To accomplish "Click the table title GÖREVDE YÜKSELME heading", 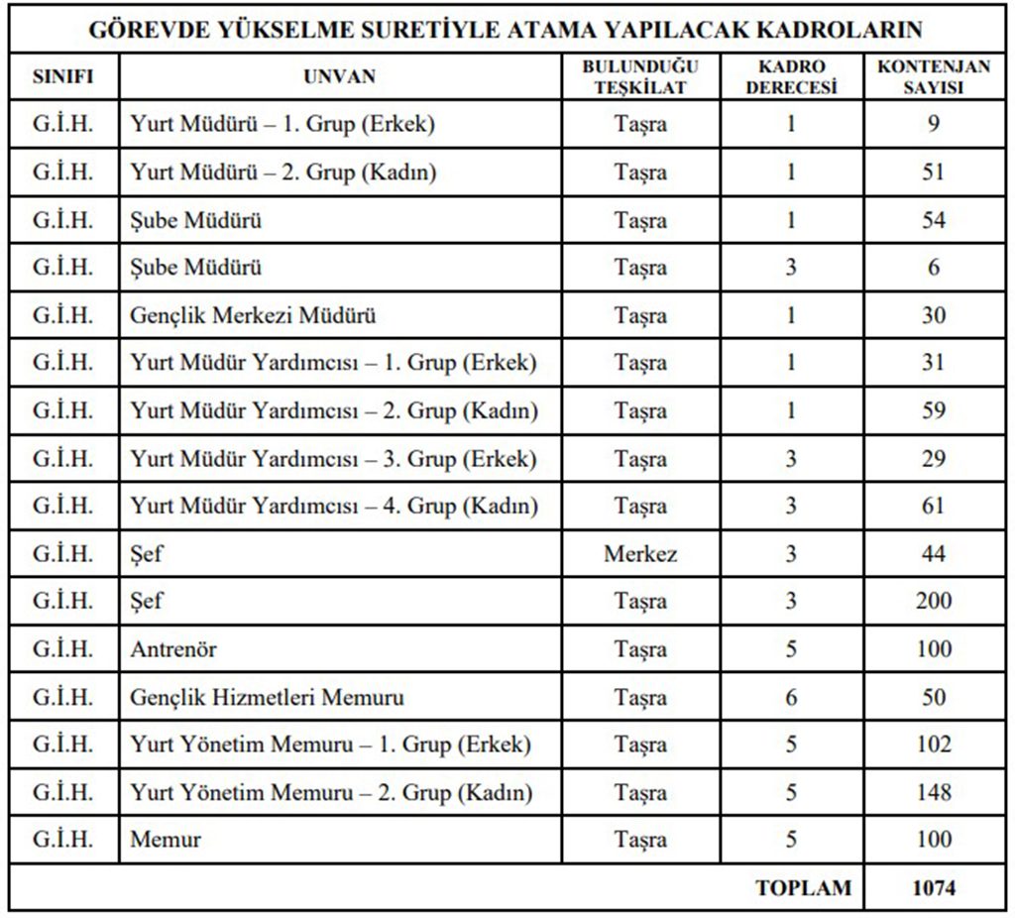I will click(507, 29).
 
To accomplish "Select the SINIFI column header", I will click(62, 76).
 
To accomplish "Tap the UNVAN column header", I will click(340, 76).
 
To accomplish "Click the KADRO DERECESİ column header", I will click(790, 76).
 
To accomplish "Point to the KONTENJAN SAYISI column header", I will click(934, 76).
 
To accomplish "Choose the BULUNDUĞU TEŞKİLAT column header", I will click(639, 76).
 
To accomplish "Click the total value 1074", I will click(934, 887).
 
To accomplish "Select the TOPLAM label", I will click(803, 887).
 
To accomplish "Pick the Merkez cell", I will click(640, 553).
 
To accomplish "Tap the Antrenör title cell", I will click(173, 649).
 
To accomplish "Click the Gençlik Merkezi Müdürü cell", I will click(253, 315).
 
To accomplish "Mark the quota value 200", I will click(934, 601).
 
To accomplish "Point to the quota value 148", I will click(934, 792).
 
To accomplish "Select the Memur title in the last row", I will click(166, 840).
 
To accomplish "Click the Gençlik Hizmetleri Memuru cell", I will click(267, 697).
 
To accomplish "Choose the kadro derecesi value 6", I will click(790, 697).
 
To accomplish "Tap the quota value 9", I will click(934, 124).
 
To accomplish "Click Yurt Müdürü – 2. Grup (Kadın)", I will click(283, 172).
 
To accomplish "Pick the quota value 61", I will click(934, 506).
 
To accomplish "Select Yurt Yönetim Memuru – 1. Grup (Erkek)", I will click(330, 745).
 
